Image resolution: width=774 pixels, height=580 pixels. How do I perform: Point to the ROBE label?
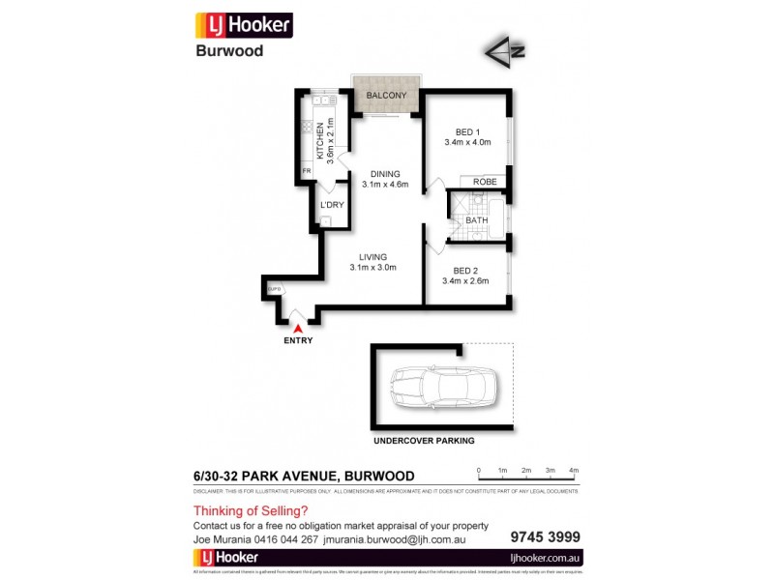[x=485, y=181]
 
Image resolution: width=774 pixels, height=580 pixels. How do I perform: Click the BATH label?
[x=476, y=220]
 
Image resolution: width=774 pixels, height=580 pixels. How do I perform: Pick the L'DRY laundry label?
[x=332, y=205]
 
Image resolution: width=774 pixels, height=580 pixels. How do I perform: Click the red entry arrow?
[x=297, y=329]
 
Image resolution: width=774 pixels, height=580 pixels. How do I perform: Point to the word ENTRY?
[x=297, y=341]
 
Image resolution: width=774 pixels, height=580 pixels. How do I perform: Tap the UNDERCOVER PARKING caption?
[x=424, y=440]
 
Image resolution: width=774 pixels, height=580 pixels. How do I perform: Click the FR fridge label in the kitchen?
[x=307, y=171]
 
